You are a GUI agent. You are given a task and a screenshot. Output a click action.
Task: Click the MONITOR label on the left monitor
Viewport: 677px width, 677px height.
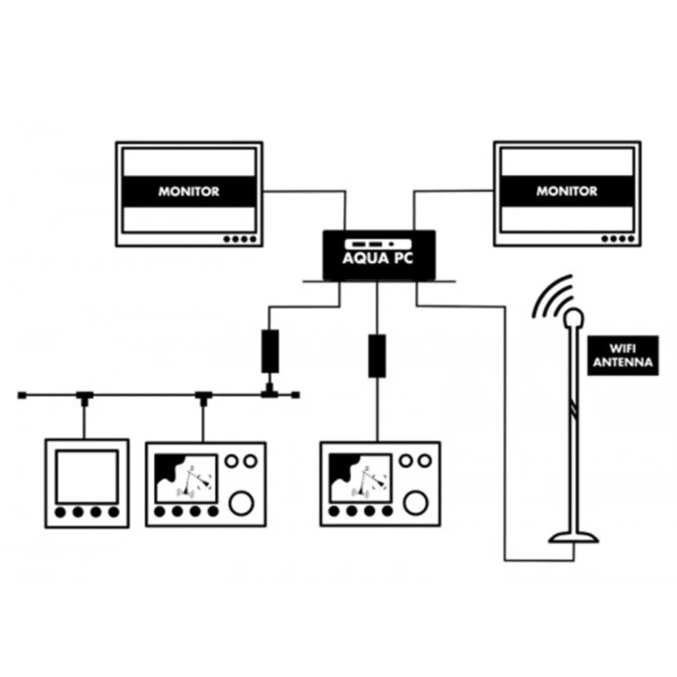[x=189, y=192]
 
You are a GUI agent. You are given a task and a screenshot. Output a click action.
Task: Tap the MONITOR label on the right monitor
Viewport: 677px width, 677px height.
[x=567, y=192]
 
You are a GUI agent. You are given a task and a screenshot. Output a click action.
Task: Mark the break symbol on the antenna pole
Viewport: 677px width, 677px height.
[x=575, y=409]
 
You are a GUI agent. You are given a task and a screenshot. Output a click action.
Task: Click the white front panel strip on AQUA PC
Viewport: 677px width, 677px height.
[x=378, y=243]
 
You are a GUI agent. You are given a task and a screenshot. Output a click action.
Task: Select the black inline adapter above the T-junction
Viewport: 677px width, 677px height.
[x=270, y=351]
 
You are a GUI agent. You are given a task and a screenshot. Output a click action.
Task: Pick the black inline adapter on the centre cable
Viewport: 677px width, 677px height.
[x=377, y=355]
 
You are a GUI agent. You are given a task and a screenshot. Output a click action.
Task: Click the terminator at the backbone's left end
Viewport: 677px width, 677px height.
[x=22, y=394]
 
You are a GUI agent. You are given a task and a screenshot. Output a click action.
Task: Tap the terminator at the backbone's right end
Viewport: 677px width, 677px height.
[x=295, y=394]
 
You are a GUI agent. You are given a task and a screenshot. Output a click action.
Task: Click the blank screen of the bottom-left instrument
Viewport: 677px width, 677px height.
[x=86, y=476]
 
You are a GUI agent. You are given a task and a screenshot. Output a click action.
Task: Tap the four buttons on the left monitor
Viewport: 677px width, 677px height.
[x=240, y=239]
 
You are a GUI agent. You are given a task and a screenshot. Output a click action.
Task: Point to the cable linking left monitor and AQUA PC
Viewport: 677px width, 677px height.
[x=305, y=192]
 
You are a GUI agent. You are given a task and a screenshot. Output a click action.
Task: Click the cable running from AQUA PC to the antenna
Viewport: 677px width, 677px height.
[x=505, y=433]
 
